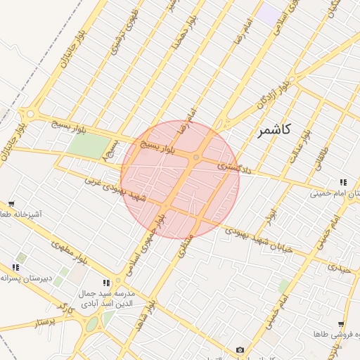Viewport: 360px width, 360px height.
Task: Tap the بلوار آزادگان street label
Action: pyautogui.click(x=272, y=101)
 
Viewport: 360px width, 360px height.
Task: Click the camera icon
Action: pyautogui.click(x=240, y=349)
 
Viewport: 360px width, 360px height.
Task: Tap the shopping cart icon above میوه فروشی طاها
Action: pyautogui.click(x=341, y=324)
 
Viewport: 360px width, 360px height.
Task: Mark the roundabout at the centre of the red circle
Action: pyautogui.click(x=196, y=157)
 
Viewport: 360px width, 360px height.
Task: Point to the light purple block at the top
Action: pyautogui.click(x=267, y=12)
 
